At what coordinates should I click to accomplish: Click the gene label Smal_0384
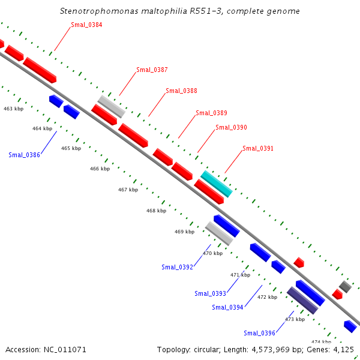pos(86,25)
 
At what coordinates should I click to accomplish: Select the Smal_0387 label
pos(152,70)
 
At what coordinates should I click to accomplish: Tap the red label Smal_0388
pos(181,91)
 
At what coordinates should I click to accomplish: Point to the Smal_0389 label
pos(211,113)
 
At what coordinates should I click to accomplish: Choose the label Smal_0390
pos(231,127)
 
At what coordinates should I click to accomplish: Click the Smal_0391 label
pos(258,148)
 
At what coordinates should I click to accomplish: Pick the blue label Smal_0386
pos(24,155)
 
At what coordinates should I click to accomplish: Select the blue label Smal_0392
pos(177,267)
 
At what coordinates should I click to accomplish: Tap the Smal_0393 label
pos(210,293)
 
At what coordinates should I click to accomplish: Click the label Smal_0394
pos(227,307)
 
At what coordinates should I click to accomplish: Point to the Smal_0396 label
pos(259,333)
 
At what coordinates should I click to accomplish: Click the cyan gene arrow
pos(216,183)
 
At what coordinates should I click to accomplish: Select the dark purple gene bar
pos(302,300)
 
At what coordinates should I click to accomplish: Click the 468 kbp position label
pos(156,211)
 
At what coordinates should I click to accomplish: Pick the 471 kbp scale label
pos(240,275)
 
